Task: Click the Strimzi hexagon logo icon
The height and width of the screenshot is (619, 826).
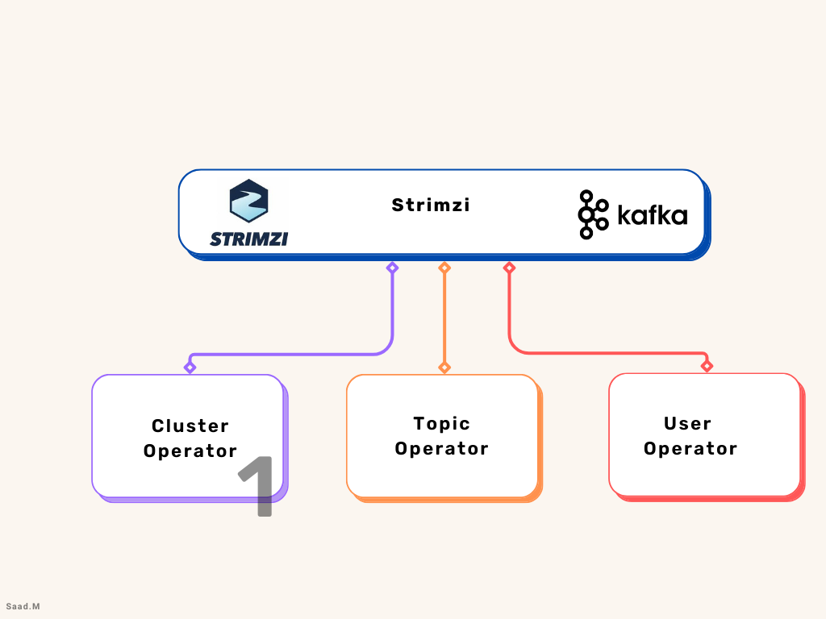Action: click(248, 201)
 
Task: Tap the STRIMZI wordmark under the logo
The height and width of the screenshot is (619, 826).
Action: click(248, 239)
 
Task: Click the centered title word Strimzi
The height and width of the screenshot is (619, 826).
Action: click(431, 205)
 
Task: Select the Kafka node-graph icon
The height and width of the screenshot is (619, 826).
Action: click(593, 215)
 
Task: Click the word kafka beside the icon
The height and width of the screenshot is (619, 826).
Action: click(652, 216)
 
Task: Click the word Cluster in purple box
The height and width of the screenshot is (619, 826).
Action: click(190, 426)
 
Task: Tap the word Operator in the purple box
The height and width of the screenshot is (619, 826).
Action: click(190, 451)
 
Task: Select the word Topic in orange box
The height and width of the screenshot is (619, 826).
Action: click(441, 423)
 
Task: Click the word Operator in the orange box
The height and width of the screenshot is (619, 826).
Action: click(441, 449)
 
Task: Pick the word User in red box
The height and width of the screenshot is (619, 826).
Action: click(687, 423)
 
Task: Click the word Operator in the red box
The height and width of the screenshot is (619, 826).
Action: click(690, 449)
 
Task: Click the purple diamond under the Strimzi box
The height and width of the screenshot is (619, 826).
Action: click(392, 268)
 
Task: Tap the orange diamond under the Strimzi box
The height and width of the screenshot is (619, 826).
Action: click(444, 268)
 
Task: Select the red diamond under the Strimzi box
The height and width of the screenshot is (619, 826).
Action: click(509, 268)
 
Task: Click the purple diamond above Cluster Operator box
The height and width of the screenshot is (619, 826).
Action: click(190, 368)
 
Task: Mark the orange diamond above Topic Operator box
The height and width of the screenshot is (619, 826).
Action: click(444, 368)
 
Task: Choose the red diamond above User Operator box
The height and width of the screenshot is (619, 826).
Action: click(707, 367)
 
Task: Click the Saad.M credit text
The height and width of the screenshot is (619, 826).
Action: click(22, 605)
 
